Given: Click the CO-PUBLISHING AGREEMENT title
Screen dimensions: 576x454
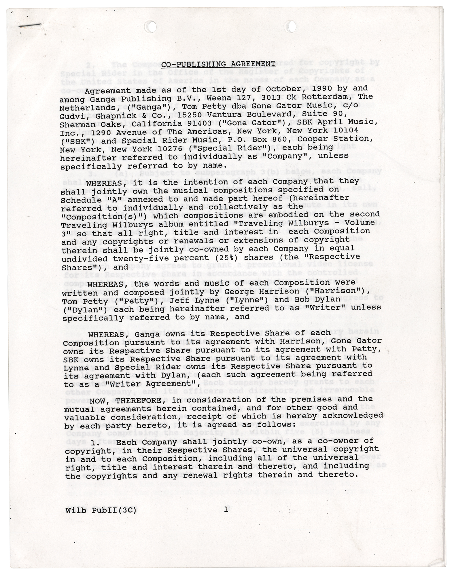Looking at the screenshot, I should click(x=218, y=64).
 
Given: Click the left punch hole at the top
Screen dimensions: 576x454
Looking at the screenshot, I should click(x=151, y=27).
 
